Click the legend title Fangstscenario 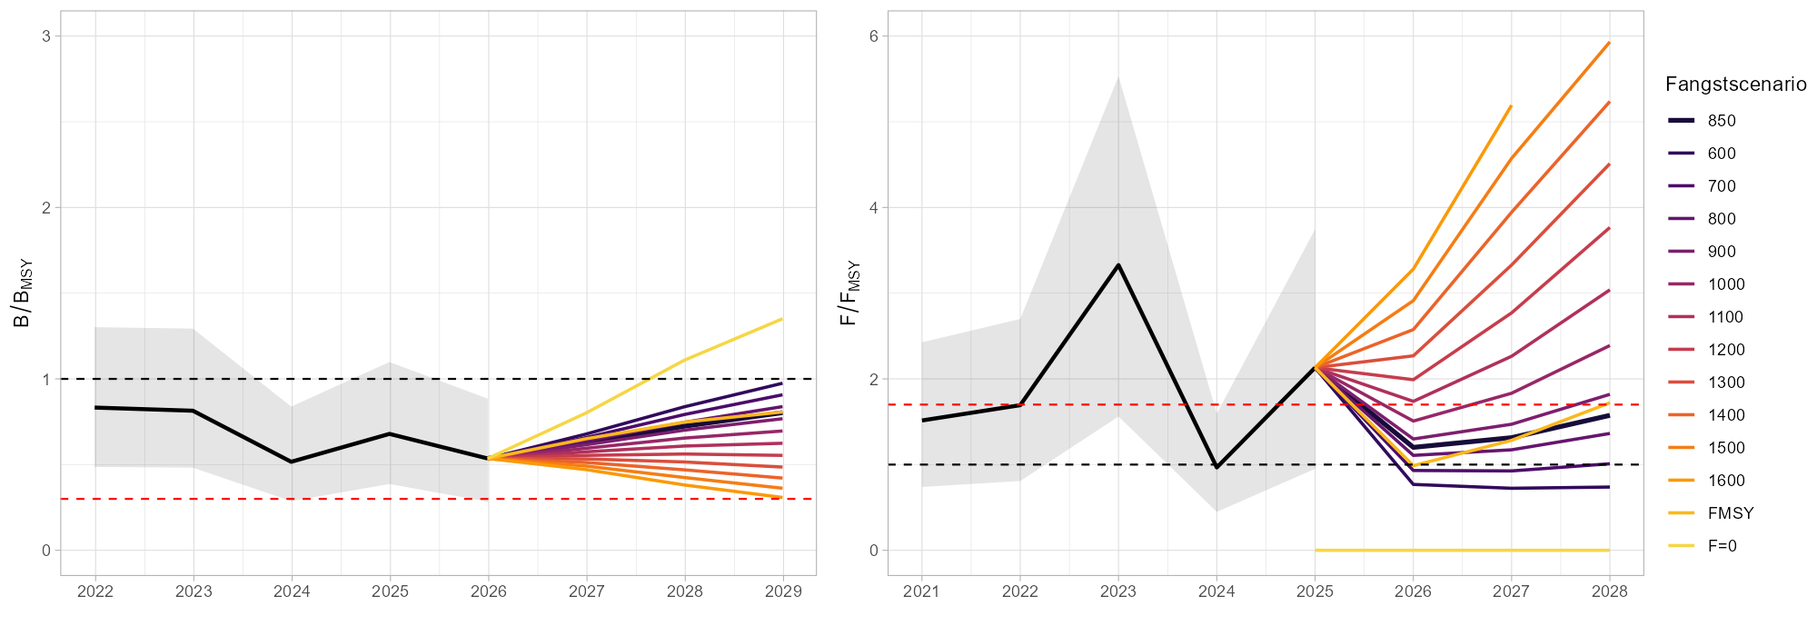tap(1735, 84)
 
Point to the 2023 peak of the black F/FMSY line tap(1118, 264)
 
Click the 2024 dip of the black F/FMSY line tap(1216, 467)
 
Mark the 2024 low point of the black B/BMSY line tap(292, 462)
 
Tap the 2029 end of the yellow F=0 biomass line tap(782, 319)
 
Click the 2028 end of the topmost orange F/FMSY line tap(1609, 43)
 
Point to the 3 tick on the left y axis tap(45, 36)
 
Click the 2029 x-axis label tap(782, 591)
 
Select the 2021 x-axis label tap(922, 591)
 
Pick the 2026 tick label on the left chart tap(489, 591)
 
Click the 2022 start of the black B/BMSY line tap(95, 407)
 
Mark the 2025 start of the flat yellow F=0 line tap(1315, 550)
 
